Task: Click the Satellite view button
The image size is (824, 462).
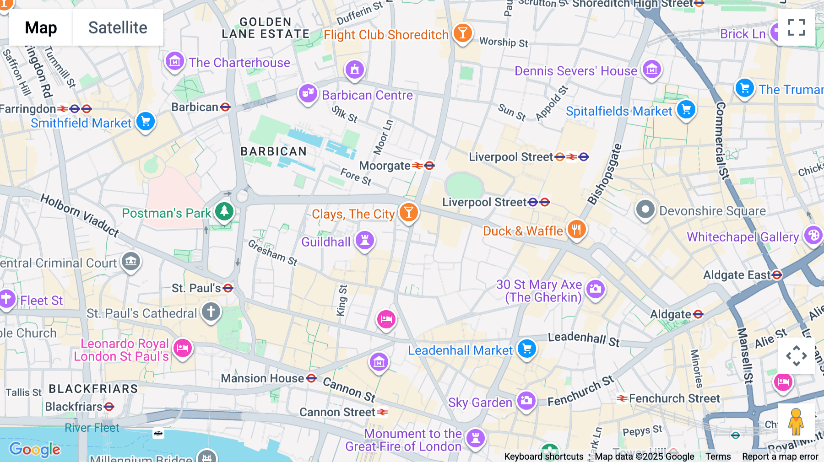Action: (118, 27)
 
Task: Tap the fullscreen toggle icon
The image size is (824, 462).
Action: (796, 27)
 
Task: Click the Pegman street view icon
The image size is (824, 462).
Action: (796, 421)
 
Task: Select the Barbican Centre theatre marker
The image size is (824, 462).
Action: (308, 94)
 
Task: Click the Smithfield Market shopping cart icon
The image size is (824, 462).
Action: (146, 122)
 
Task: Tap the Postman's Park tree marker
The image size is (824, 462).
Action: (224, 211)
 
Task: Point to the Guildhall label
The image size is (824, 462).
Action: (325, 242)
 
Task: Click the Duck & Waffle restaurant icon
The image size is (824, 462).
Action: (576, 230)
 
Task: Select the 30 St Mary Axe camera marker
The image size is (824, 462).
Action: (595, 289)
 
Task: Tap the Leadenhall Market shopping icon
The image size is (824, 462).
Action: (526, 349)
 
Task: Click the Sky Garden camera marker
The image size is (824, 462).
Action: (526, 401)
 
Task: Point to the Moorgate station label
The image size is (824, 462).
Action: (385, 166)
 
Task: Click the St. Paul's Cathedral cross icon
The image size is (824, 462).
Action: (211, 312)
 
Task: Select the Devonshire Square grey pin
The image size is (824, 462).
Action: (645, 210)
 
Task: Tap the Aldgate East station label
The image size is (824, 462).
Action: (737, 275)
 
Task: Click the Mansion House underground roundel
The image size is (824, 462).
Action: (311, 378)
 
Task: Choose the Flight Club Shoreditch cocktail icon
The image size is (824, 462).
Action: (462, 33)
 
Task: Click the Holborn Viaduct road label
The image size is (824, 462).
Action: (80, 215)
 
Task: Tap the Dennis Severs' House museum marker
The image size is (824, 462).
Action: (651, 70)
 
